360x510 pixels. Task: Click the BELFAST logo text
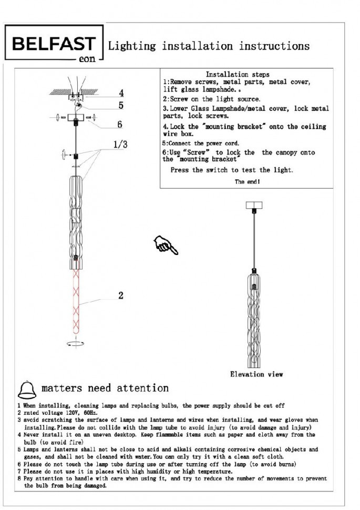(54, 44)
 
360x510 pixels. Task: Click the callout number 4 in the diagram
(120, 93)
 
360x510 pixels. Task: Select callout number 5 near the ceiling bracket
(120, 105)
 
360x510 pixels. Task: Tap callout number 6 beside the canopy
(120, 124)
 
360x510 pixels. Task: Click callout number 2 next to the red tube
(120, 295)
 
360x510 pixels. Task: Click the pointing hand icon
(166, 244)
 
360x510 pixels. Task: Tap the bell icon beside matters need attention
(27, 389)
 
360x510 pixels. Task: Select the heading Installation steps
(237, 75)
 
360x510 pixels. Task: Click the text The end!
(247, 181)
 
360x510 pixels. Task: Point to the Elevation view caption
(256, 374)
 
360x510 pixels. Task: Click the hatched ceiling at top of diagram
(60, 92)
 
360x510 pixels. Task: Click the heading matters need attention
(105, 389)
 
